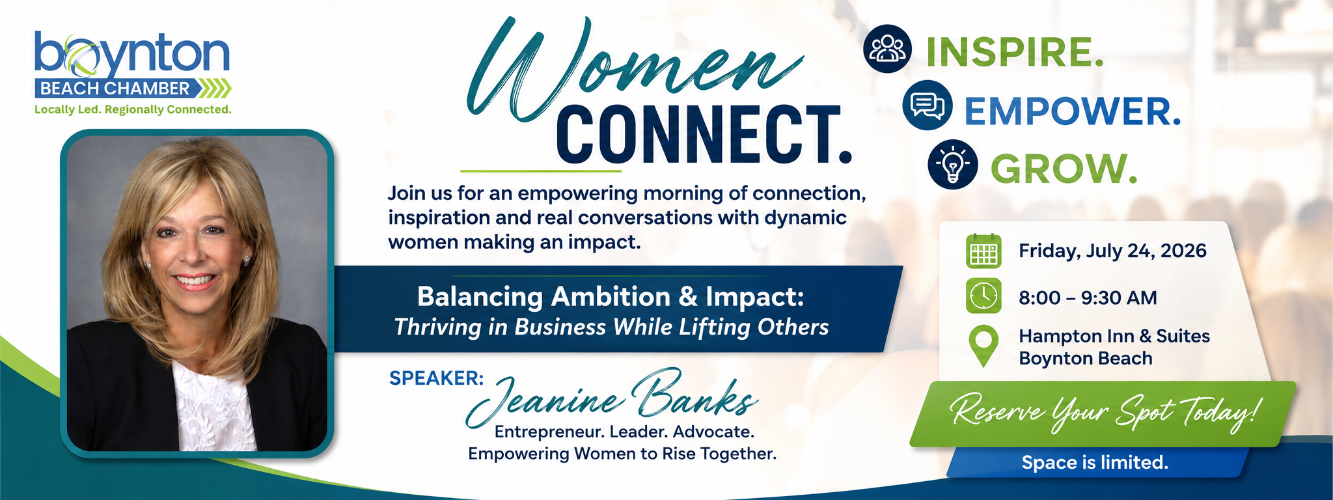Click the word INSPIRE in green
click(x=1015, y=52)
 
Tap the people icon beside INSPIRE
click(x=887, y=48)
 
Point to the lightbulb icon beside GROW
click(x=952, y=164)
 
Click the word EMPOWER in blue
click(x=1072, y=111)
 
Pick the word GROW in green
click(x=1064, y=169)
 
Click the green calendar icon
click(x=983, y=251)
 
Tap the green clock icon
click(x=983, y=296)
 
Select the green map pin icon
click(x=983, y=346)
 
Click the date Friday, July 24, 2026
click(x=1112, y=251)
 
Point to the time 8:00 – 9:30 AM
click(x=1088, y=298)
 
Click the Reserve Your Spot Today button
click(x=1103, y=414)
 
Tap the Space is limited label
click(x=1095, y=462)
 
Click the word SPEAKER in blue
click(x=436, y=378)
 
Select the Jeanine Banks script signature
click(x=612, y=396)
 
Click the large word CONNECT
click(x=704, y=135)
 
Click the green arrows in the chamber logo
click(x=214, y=89)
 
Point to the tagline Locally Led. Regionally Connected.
click(x=133, y=109)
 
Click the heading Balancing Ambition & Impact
click(x=611, y=297)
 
